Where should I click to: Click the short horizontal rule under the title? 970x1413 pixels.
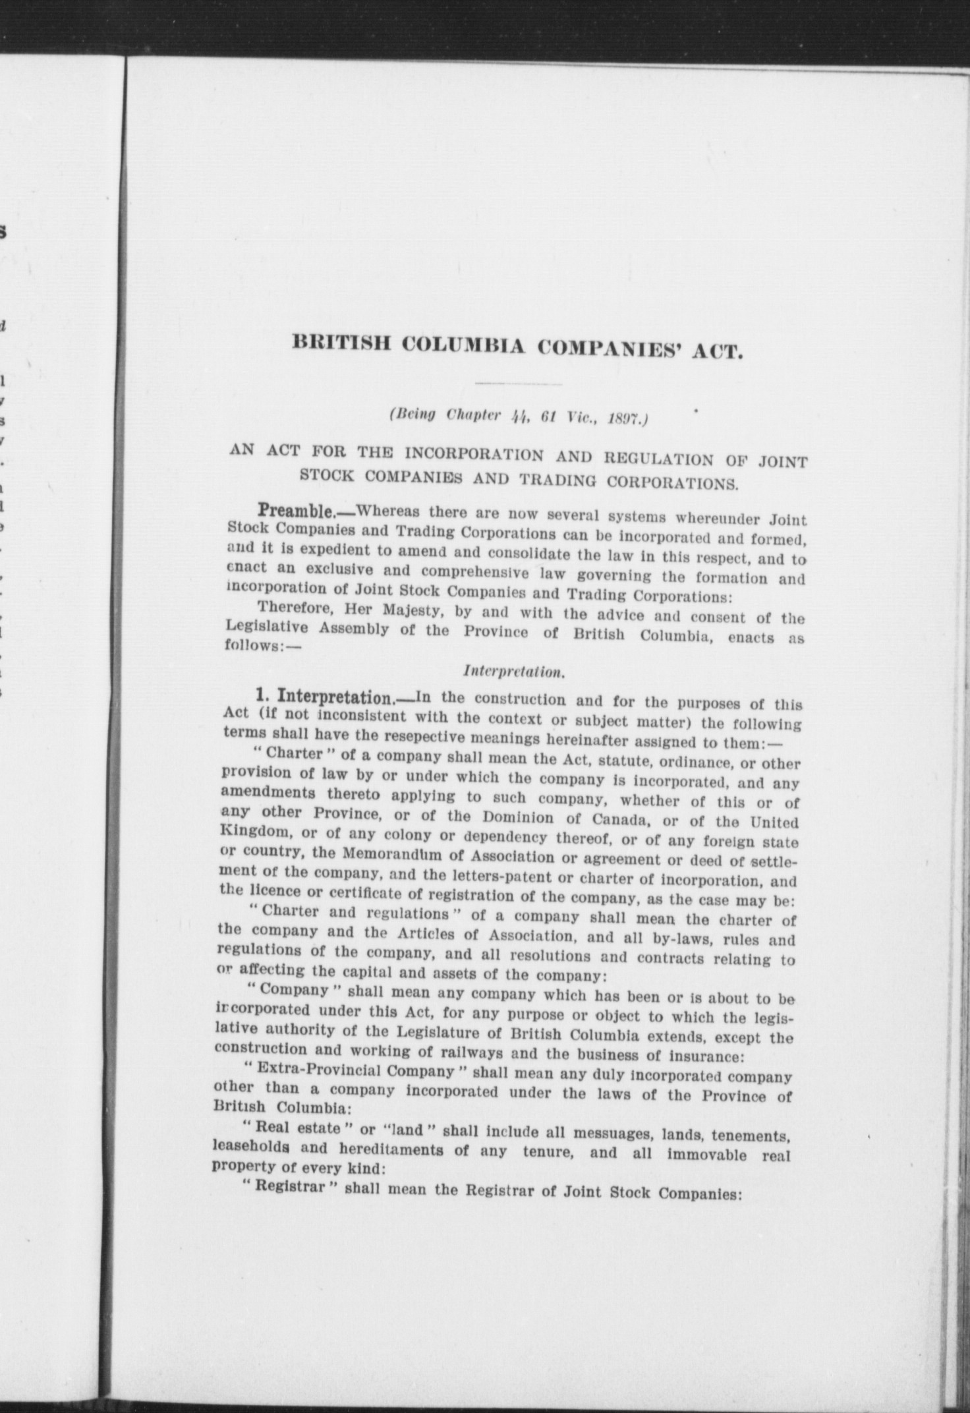(x=518, y=384)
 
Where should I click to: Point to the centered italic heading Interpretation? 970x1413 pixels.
(x=513, y=672)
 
